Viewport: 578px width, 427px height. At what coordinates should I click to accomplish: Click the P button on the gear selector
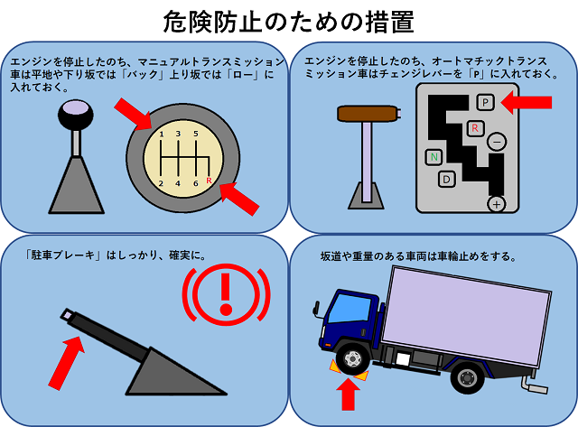[x=486, y=102]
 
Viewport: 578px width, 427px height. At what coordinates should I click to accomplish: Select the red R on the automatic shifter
[x=475, y=128]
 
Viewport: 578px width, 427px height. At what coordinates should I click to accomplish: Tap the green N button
[x=433, y=157]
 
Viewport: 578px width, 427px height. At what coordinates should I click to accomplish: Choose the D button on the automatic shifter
[x=447, y=180]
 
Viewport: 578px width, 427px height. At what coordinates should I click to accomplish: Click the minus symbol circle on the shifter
[x=497, y=142]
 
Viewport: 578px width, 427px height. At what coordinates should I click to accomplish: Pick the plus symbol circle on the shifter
[x=497, y=204]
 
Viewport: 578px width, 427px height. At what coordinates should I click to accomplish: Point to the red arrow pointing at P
[x=526, y=102]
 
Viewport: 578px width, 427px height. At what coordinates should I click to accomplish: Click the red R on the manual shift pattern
[x=209, y=181]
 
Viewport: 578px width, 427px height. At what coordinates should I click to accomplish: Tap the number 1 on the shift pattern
[x=162, y=135]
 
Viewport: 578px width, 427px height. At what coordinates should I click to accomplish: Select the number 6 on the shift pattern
[x=196, y=183]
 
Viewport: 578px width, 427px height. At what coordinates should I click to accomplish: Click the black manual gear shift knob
[x=75, y=115]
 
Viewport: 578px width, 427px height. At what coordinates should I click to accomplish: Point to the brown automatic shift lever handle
[x=368, y=114]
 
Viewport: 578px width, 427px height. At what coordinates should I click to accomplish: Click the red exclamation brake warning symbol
[x=227, y=294]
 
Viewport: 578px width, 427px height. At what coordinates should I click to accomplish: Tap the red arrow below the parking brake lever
[x=67, y=363]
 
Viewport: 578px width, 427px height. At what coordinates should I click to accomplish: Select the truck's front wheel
[x=353, y=358]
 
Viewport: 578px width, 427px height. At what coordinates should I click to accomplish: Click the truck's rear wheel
[x=468, y=377]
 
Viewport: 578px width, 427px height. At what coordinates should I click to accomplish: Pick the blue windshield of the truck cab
[x=350, y=309]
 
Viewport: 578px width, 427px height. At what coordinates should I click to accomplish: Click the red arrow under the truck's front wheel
[x=348, y=394]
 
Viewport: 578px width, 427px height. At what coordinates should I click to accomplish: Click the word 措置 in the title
[x=389, y=22]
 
